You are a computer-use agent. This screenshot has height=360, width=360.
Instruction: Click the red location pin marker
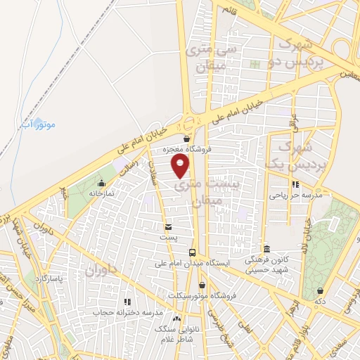click(x=181, y=166)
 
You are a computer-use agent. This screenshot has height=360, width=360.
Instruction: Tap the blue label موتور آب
click(x=35, y=124)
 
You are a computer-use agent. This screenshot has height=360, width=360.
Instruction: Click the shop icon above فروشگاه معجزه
click(x=186, y=139)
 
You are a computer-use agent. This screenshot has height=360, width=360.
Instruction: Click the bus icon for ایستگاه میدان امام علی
click(x=192, y=252)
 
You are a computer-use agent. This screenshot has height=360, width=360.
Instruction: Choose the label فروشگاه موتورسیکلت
click(x=203, y=295)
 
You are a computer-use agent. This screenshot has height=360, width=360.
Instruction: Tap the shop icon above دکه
click(x=321, y=290)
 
